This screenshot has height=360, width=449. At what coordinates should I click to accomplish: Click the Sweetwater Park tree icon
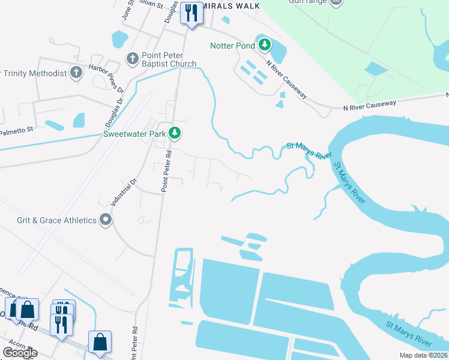[x=174, y=133]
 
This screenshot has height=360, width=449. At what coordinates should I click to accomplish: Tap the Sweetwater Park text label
[x=135, y=134]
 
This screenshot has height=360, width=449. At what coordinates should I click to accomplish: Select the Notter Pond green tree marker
[x=264, y=44]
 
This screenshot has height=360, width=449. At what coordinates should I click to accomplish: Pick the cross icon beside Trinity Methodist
[x=76, y=73]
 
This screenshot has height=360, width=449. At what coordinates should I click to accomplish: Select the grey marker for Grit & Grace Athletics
[x=106, y=220]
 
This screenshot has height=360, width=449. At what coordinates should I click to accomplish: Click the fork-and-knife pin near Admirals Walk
[x=191, y=13]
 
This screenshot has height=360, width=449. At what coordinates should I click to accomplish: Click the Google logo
[x=20, y=353]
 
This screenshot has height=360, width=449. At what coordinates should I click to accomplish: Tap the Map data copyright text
[x=423, y=355]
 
